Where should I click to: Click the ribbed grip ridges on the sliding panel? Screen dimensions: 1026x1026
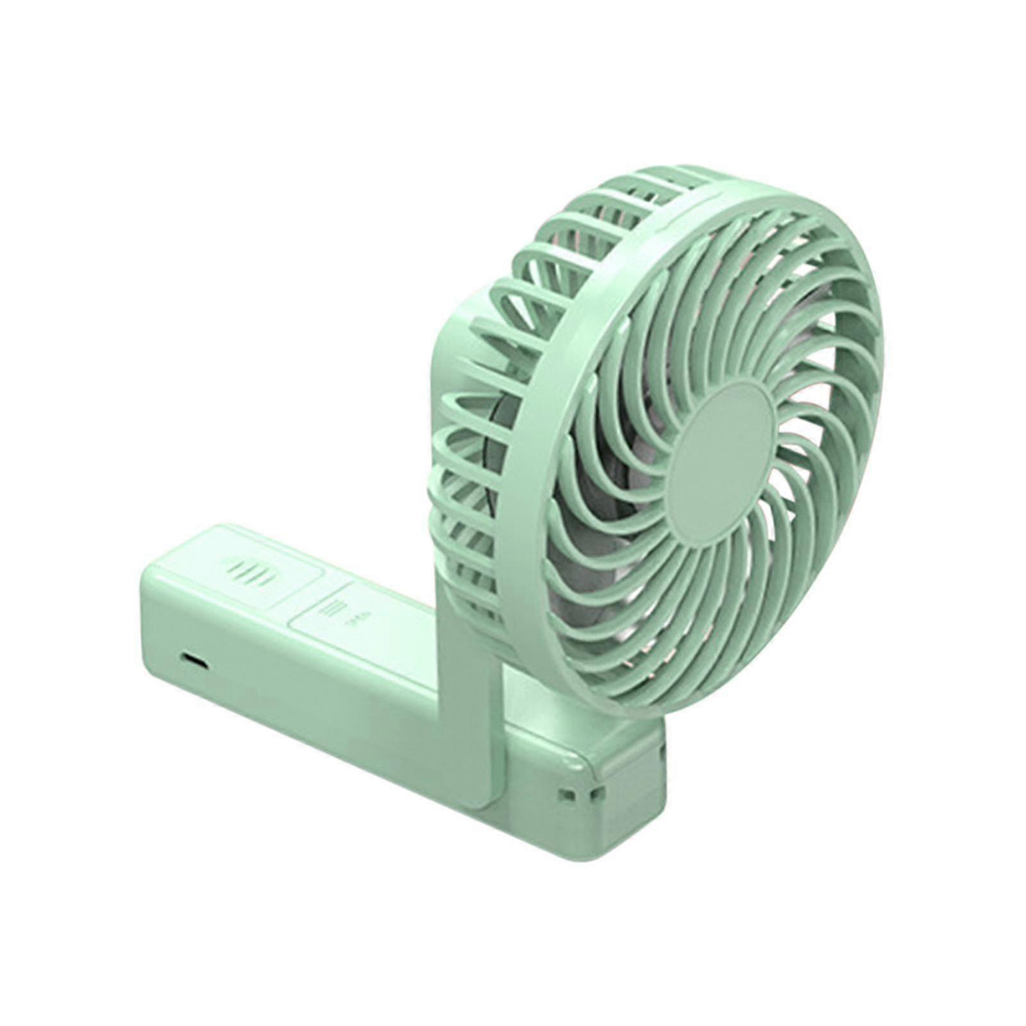[x=246, y=568]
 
